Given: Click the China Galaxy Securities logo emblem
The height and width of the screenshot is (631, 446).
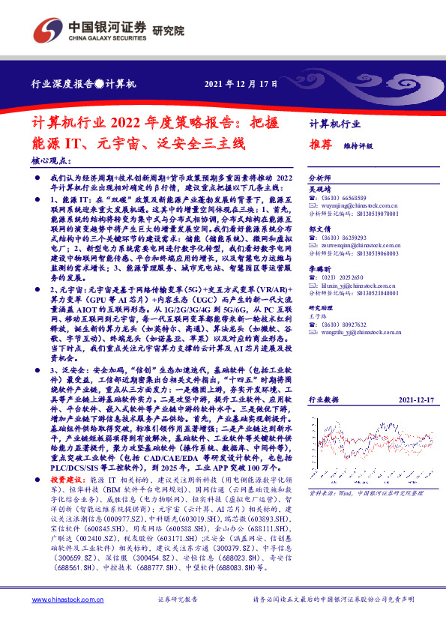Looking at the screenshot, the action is click(46, 30).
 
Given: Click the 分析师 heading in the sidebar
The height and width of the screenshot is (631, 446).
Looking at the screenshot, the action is click(319, 178).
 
